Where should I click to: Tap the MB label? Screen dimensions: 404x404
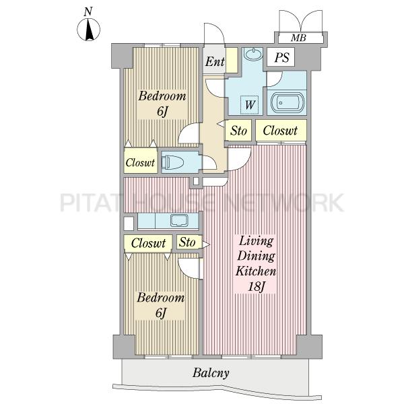(x=298, y=38)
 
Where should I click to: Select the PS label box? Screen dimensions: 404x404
(x=281, y=57)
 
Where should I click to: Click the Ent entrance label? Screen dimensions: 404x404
(x=215, y=61)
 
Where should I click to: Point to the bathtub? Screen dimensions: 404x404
(x=288, y=102)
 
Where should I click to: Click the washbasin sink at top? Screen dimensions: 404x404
(x=252, y=54)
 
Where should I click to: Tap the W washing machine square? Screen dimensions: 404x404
(x=249, y=105)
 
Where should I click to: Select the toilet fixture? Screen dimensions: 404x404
(x=172, y=162)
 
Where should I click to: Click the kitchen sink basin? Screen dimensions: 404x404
(x=180, y=221)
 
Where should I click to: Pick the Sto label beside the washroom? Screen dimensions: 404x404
(x=238, y=131)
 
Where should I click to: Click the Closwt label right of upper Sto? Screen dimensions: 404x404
(x=280, y=131)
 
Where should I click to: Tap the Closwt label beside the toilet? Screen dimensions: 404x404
(x=140, y=162)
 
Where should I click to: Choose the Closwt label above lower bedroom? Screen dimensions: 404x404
(x=148, y=243)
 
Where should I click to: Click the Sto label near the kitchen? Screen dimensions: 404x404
(x=187, y=242)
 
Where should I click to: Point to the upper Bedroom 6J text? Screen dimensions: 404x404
(x=162, y=104)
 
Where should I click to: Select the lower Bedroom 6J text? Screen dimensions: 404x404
(x=160, y=305)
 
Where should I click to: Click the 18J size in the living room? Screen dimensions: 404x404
(x=256, y=287)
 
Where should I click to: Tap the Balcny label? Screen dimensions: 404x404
(x=211, y=373)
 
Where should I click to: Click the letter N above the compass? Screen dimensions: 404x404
(x=88, y=11)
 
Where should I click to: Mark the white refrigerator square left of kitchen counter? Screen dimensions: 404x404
(x=129, y=224)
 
